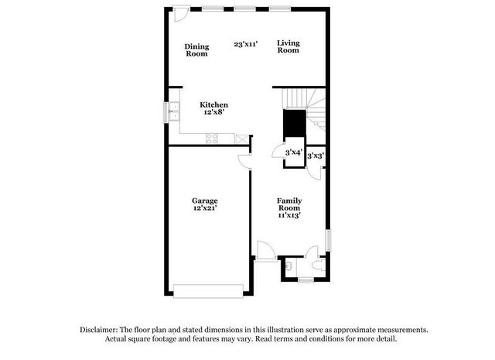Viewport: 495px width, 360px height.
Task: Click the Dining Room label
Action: (196, 50)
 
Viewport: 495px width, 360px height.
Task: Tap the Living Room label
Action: (288, 46)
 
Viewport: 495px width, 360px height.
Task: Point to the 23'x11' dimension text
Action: (245, 44)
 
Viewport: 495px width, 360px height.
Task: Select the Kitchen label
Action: (213, 105)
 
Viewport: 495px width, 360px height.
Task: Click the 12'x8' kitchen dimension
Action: (213, 113)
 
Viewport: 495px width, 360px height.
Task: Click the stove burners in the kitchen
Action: (211, 139)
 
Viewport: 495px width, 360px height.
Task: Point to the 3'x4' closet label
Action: (293, 153)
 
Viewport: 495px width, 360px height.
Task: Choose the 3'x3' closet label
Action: (315, 156)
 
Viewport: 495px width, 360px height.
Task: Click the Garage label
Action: (205, 201)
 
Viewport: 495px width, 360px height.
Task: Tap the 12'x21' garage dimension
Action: (205, 209)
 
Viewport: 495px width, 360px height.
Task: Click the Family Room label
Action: (289, 204)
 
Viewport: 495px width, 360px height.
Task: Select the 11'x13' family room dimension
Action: (289, 215)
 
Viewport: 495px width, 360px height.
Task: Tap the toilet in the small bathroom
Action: (288, 267)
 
